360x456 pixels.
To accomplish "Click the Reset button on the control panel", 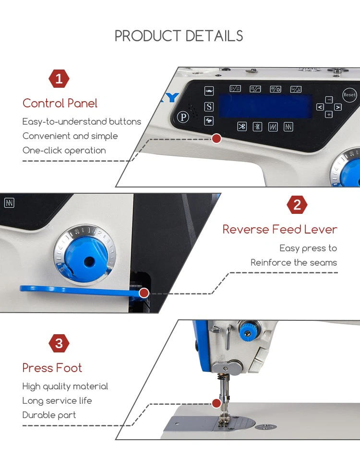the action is (x=349, y=95).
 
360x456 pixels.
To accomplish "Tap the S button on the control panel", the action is (x=209, y=107).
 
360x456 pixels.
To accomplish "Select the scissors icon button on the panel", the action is (x=242, y=127).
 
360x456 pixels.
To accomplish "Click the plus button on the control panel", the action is (x=329, y=115).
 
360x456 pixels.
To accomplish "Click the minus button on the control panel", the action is (x=329, y=100).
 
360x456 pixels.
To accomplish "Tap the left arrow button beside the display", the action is (x=320, y=107).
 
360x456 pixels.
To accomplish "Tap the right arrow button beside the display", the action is (x=337, y=107).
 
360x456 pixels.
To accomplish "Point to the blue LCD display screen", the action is (x=265, y=106).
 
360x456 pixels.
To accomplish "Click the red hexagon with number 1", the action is (x=59, y=79).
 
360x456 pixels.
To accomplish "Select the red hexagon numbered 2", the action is (x=297, y=205).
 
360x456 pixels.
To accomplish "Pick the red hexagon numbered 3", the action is (x=59, y=343).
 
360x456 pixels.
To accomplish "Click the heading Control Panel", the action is (x=60, y=103).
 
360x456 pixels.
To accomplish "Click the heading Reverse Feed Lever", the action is (x=280, y=229).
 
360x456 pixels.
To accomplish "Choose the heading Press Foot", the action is (x=52, y=368).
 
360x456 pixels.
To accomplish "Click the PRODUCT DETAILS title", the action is (x=179, y=36).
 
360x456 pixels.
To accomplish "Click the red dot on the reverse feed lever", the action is (x=144, y=293).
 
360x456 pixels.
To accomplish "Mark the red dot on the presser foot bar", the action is (x=216, y=403).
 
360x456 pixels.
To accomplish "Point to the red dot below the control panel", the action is (x=216, y=139).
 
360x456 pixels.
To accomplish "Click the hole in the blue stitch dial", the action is (x=89, y=261).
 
